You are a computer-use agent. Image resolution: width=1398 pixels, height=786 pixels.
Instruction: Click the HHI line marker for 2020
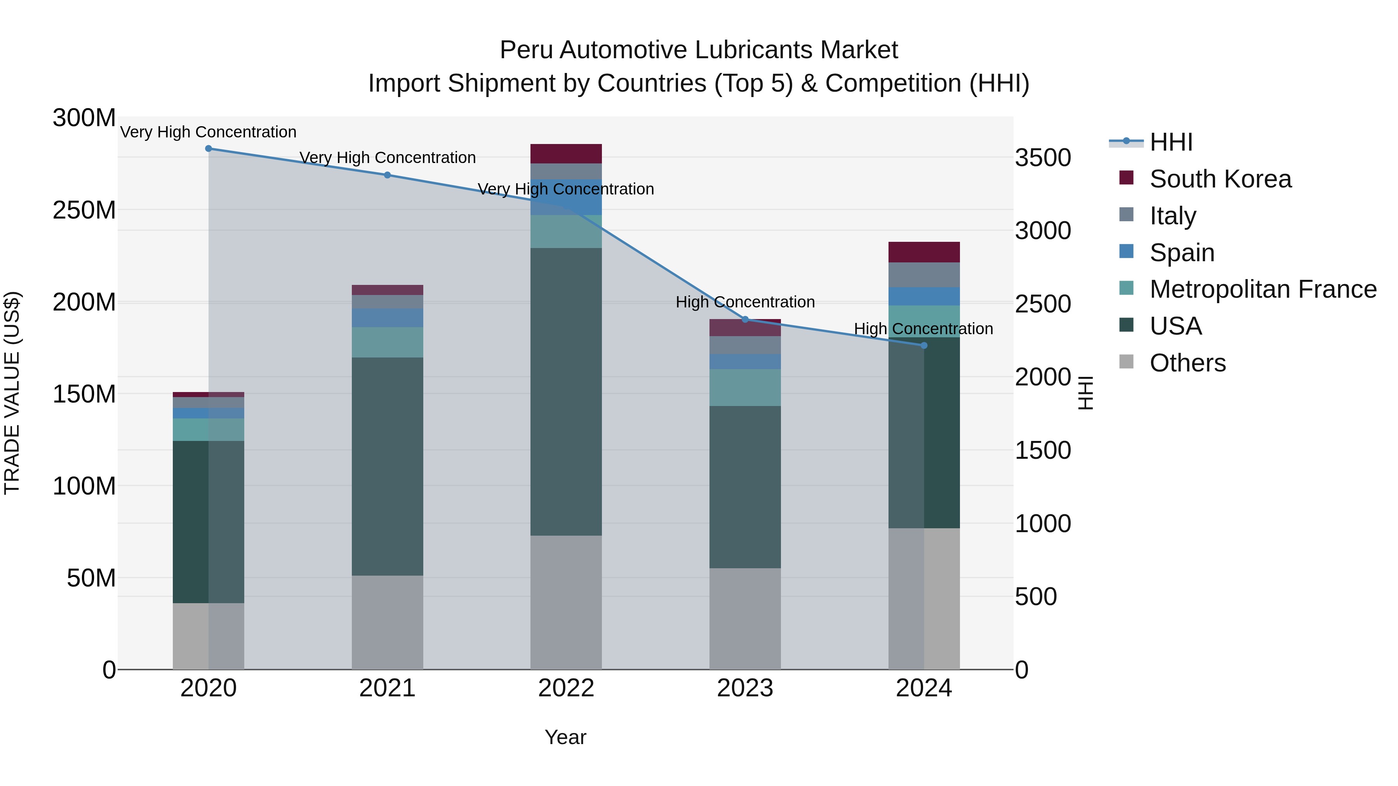tap(209, 149)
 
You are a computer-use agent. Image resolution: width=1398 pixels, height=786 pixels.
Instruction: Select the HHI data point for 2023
tap(745, 319)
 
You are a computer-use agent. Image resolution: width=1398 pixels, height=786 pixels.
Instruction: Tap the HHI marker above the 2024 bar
tap(924, 345)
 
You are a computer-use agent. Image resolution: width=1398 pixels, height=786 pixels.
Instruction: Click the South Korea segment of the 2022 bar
tap(566, 153)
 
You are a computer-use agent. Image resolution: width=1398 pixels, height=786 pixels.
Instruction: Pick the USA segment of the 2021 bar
tap(388, 467)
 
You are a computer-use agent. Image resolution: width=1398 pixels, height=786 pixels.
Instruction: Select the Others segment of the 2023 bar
tap(745, 618)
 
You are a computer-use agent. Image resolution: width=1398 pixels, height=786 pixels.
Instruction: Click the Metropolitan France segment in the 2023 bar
tap(745, 387)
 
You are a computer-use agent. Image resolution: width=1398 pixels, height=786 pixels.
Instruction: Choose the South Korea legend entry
tap(1220, 179)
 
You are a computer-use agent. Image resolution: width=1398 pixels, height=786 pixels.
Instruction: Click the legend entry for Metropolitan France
tap(1262, 289)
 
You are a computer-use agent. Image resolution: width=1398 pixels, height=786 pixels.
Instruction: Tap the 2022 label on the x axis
tap(566, 688)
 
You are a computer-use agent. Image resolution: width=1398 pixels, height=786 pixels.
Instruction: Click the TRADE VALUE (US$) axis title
tap(12, 393)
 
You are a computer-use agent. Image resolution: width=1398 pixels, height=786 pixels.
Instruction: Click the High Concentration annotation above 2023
tap(745, 302)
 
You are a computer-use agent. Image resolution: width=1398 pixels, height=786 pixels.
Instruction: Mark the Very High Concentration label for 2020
tap(209, 132)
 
